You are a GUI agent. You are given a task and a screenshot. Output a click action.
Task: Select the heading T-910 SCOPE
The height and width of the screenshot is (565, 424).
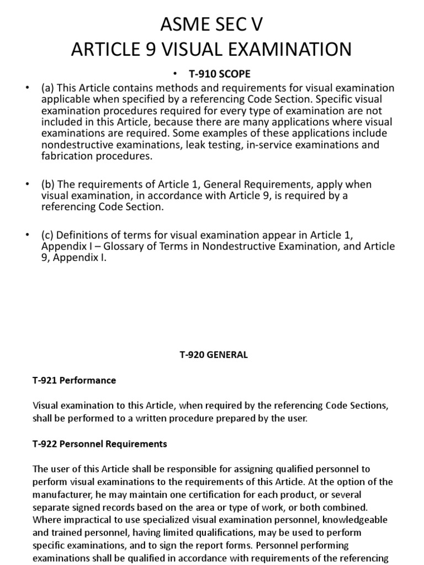[220, 74]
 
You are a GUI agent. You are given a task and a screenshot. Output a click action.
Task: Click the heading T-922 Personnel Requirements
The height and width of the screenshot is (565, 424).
[100, 444]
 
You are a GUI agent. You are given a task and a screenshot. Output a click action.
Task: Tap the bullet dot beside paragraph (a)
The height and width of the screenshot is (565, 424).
[27, 88]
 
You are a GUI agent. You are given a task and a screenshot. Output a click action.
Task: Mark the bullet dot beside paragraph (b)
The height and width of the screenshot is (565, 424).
[27, 184]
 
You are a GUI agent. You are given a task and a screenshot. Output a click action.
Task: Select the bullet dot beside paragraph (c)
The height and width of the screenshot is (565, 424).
[27, 236]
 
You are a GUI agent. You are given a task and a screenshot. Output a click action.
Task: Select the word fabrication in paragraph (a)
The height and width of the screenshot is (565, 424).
[67, 156]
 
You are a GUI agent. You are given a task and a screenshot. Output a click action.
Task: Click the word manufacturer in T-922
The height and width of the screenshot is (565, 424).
[61, 494]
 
